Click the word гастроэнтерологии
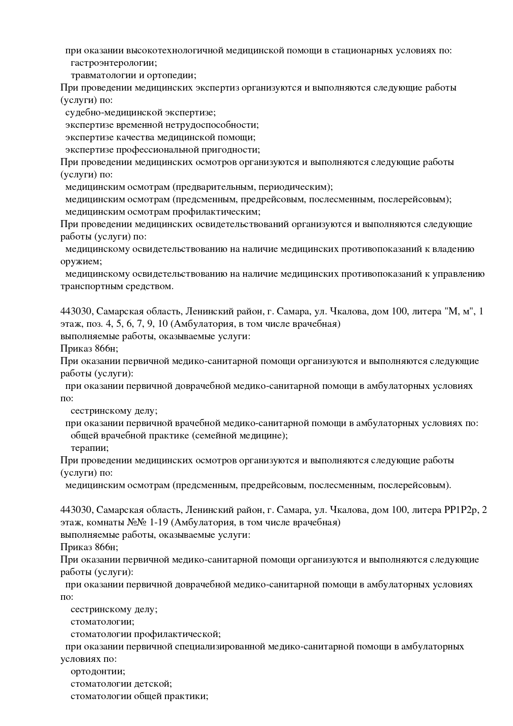(x=114, y=63)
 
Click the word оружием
(x=81, y=262)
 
